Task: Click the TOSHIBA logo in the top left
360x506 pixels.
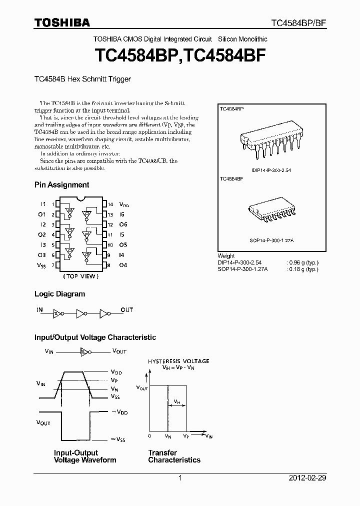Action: coord(62,22)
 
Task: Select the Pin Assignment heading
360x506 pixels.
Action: coord(61,184)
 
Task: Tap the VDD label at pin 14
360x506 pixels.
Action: coord(124,204)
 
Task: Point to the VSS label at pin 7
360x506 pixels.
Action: coord(41,265)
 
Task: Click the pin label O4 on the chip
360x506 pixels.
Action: coord(123,264)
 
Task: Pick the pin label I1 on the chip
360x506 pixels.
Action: coord(43,204)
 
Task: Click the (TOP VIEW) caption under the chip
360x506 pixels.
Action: coord(80,276)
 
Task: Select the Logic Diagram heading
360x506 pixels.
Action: coord(59,294)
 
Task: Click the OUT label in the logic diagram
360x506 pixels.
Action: coord(127,309)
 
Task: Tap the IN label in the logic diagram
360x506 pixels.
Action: coord(40,309)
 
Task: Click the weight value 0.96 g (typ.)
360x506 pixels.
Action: coord(303,262)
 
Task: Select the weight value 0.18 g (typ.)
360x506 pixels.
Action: coord(303,269)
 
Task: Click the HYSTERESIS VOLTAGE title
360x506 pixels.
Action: coord(178,360)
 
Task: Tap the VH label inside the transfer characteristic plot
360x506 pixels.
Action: coord(177,401)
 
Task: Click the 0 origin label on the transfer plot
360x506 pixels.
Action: coord(149,436)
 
